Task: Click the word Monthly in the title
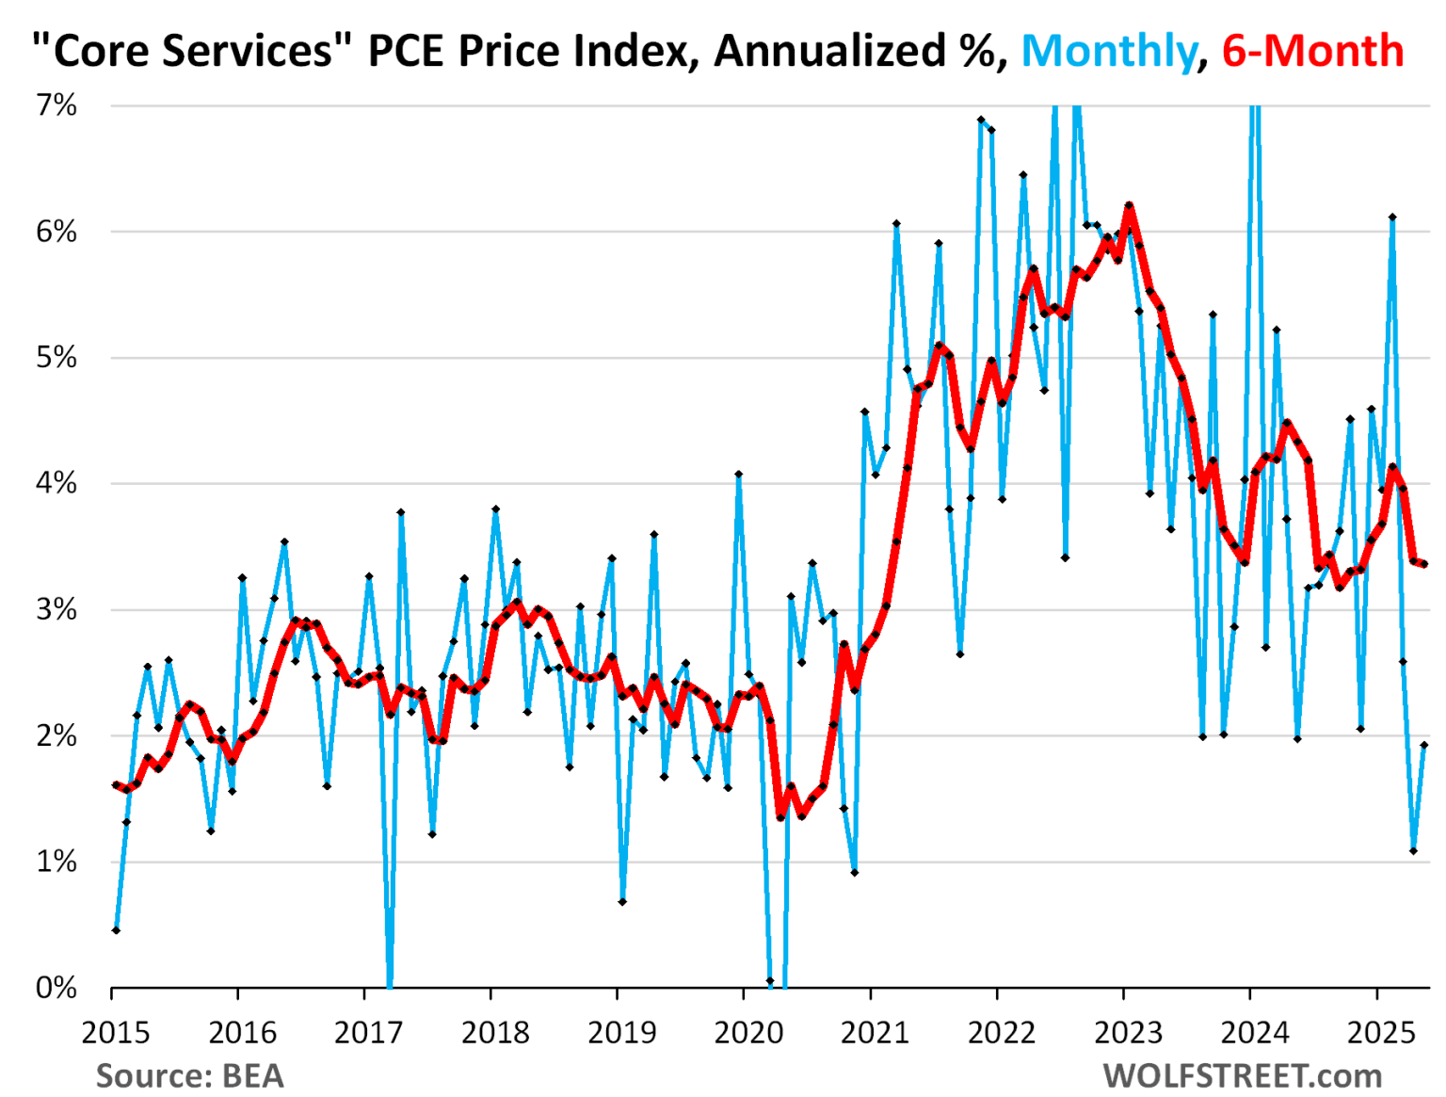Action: (x=1108, y=51)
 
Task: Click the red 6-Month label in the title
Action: (x=1312, y=51)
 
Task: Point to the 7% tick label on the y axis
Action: (x=56, y=105)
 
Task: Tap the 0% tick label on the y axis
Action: (x=56, y=988)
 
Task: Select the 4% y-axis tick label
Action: (x=56, y=484)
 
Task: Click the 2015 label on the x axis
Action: (x=116, y=1033)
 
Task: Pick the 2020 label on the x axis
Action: (x=748, y=1033)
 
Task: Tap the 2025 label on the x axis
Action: (x=1381, y=1033)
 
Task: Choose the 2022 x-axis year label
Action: (x=1002, y=1033)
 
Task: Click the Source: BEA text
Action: (x=189, y=1075)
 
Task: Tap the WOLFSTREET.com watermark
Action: (x=1242, y=1075)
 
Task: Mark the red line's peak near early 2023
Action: (x=1128, y=205)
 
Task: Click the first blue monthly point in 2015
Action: (x=116, y=930)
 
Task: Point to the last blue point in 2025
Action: (x=1424, y=745)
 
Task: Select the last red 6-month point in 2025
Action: (x=1424, y=564)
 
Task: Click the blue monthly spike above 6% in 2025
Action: (x=1392, y=218)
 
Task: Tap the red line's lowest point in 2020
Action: (x=780, y=816)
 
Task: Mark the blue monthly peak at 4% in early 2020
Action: (x=739, y=475)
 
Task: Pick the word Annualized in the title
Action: (x=829, y=51)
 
